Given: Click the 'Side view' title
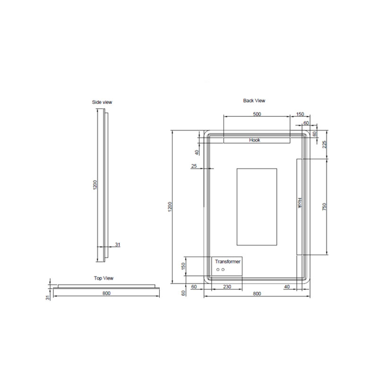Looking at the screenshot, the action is point(102,102).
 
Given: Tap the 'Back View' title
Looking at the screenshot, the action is point(254,101).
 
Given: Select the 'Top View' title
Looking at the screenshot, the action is point(103,278).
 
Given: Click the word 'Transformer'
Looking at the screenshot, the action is point(228,262).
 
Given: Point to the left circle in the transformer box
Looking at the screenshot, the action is point(218,269).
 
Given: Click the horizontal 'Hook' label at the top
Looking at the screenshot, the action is point(255,140).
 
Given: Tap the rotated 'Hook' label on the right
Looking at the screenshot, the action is point(300,203).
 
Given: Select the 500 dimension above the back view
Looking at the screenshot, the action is point(257,114).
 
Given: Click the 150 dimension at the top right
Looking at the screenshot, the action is point(300,114).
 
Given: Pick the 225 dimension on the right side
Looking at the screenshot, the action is point(325,145).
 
